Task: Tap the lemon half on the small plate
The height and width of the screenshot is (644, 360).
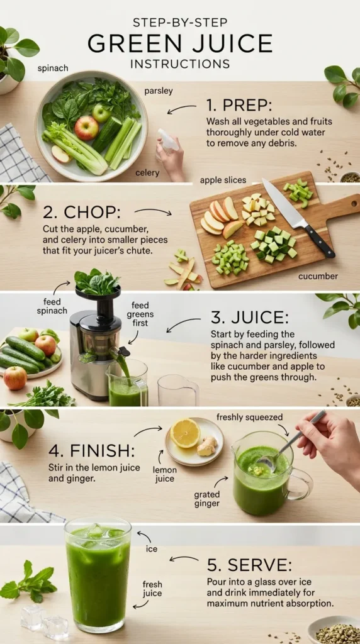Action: click(185, 433)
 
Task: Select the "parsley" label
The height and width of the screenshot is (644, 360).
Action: click(158, 91)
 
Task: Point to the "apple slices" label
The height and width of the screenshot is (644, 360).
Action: click(223, 180)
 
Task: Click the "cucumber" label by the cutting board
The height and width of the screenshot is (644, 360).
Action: click(318, 275)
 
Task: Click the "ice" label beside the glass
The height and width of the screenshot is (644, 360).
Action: click(152, 549)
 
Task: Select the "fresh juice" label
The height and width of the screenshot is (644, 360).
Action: click(152, 589)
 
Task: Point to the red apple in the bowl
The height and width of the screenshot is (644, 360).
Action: click(86, 128)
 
